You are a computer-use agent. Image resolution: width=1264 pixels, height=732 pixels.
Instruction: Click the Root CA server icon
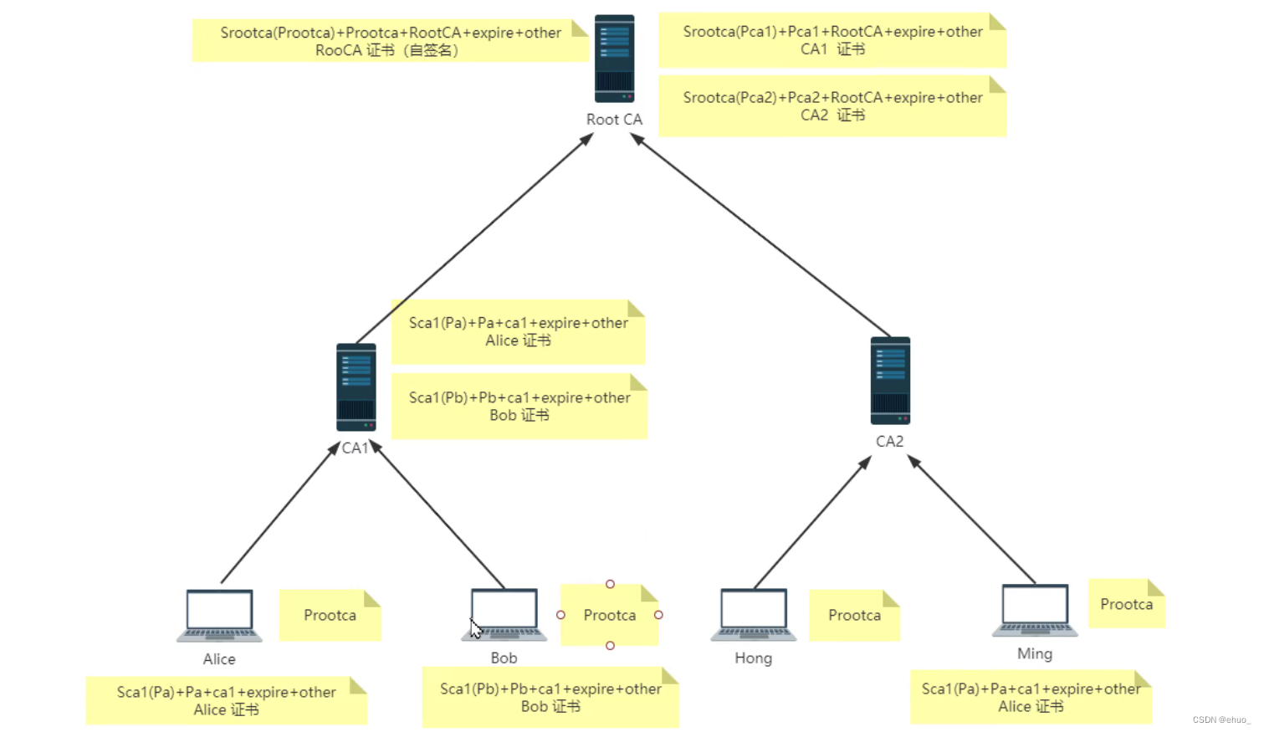point(614,59)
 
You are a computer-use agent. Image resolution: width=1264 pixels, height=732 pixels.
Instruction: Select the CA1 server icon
point(356,386)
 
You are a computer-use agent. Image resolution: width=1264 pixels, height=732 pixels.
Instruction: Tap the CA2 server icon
point(890,381)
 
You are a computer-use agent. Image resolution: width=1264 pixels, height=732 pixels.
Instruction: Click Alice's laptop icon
point(219,616)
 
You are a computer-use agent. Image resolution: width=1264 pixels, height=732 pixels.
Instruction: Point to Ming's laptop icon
point(1035,610)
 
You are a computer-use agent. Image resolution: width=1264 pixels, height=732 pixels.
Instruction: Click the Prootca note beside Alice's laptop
point(330,616)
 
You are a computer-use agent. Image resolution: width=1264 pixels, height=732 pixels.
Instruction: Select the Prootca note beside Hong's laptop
point(854,616)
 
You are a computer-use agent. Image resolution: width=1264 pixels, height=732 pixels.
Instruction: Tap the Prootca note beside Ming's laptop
point(1126,604)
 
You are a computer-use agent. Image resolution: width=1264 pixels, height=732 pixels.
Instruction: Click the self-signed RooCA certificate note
point(390,41)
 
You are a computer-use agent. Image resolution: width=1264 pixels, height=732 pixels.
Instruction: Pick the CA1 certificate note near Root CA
point(832,40)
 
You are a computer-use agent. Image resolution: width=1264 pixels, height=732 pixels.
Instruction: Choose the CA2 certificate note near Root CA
point(832,106)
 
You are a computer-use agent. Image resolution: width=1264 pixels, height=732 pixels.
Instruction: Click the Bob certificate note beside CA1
point(519,407)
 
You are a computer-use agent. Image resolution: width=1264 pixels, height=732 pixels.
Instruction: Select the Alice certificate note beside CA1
point(518,332)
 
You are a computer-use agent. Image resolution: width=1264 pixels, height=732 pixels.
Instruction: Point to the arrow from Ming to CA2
point(972,520)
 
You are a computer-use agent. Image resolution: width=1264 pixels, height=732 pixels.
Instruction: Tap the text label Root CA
point(614,120)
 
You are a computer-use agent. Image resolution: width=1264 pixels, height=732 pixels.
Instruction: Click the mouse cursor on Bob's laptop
point(475,628)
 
